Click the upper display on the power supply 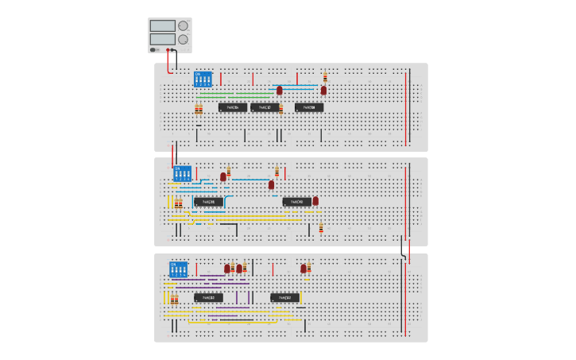tap(162, 25)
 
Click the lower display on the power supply tap(162, 39)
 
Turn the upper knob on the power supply tap(184, 25)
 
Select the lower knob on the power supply tap(184, 39)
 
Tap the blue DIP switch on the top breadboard tap(203, 80)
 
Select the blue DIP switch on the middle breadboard tap(183, 173)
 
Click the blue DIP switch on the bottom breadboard tap(178, 269)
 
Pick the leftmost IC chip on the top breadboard tap(233, 107)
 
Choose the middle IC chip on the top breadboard tap(265, 107)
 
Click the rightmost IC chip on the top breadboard tap(309, 107)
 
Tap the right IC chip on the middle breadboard tap(297, 202)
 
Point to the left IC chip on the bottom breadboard tap(209, 298)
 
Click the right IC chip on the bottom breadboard tap(285, 298)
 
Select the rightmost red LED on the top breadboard tap(323, 91)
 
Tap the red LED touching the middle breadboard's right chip tap(315, 201)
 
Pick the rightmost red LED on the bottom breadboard tap(303, 269)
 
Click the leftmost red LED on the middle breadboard tap(223, 177)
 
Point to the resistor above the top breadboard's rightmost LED tap(325, 78)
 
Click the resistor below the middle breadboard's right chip tap(321, 228)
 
